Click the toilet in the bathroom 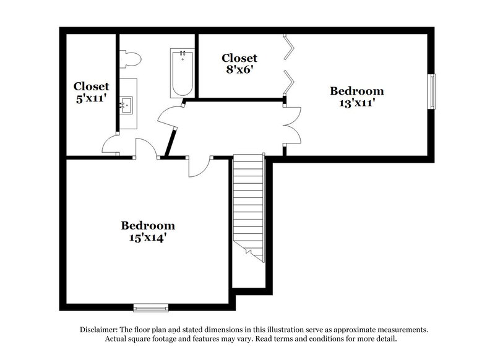[x=130, y=59]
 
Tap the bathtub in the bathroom [x=182, y=73]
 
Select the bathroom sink [x=127, y=105]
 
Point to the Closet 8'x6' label [x=239, y=64]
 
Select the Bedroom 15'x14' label [x=147, y=231]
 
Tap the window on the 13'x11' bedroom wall [x=433, y=91]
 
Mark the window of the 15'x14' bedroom [x=151, y=307]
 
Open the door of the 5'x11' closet [x=111, y=146]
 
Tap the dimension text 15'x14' [x=147, y=236]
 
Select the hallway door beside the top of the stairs [x=198, y=166]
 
